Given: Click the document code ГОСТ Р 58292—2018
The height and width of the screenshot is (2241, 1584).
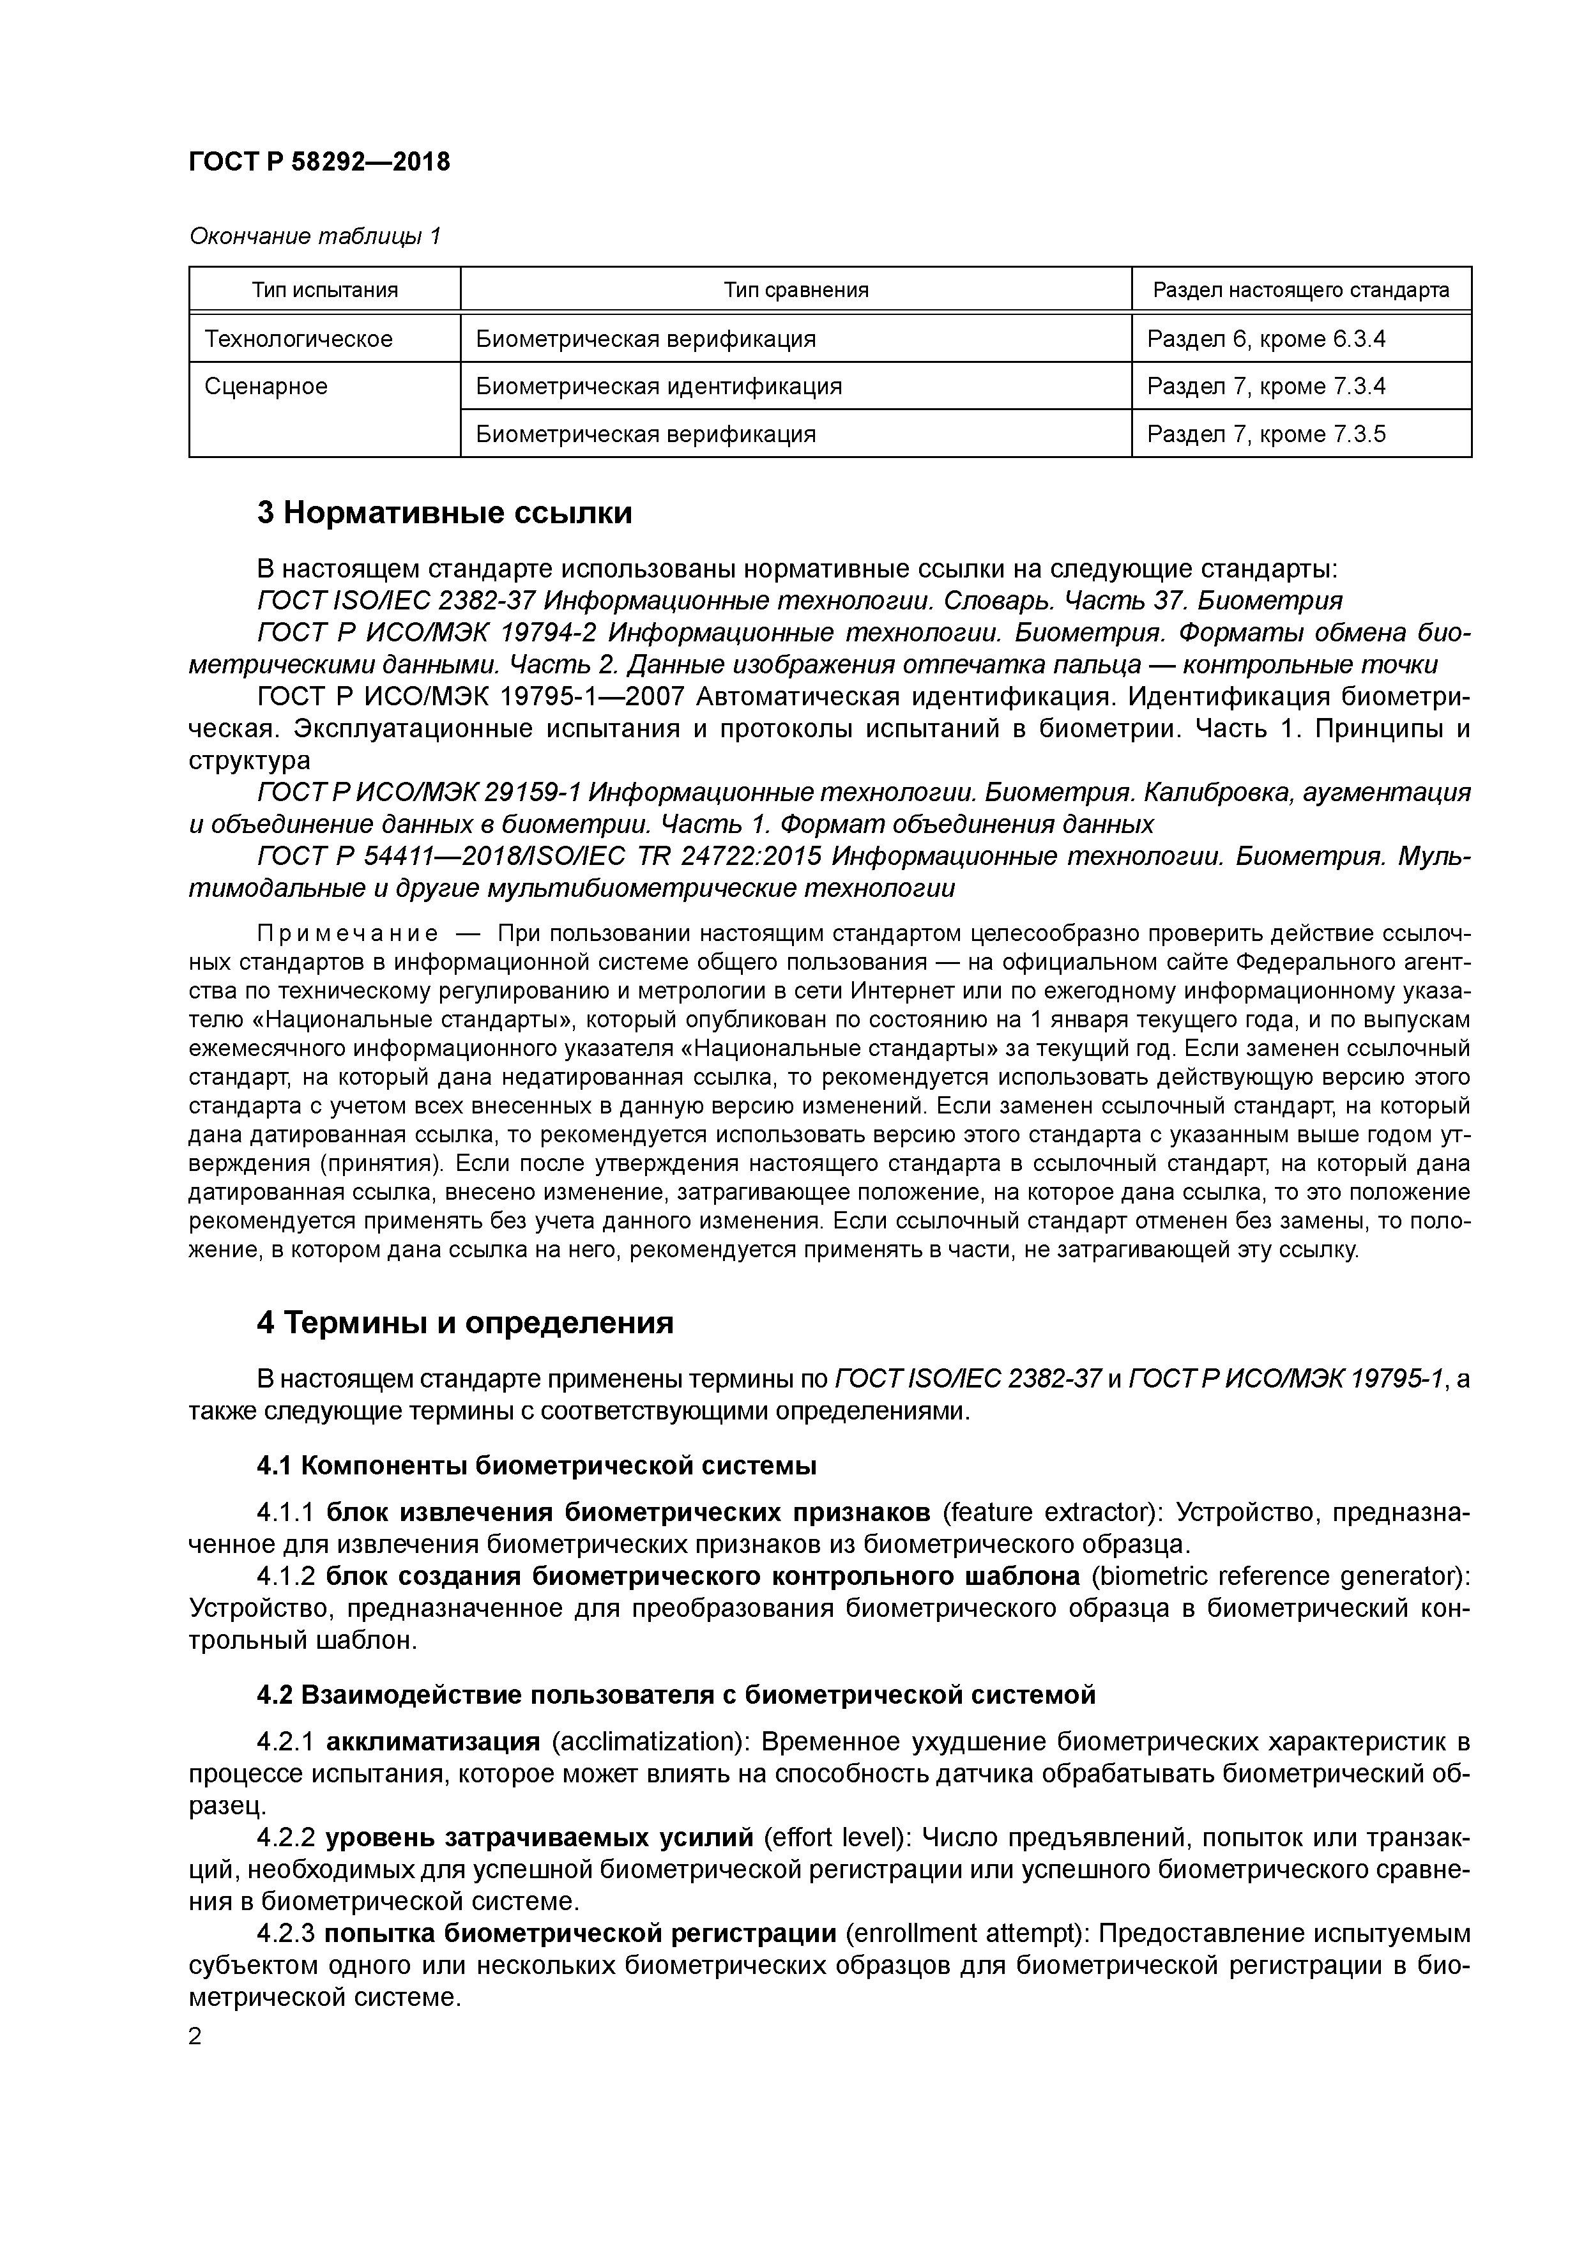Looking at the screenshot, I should [x=319, y=162].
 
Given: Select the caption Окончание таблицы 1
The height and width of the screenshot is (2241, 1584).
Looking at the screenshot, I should [x=314, y=236].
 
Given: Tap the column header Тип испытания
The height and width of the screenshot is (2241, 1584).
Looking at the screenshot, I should [x=325, y=290].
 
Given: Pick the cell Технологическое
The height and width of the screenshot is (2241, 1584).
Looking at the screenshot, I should [x=299, y=339].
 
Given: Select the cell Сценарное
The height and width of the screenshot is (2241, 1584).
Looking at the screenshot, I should [x=266, y=386].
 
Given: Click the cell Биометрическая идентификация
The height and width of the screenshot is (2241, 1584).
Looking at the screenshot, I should [x=658, y=386].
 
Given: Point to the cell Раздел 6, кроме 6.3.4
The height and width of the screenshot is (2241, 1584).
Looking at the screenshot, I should [x=1266, y=339].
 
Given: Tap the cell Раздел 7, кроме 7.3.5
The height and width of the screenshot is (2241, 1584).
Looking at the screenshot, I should [x=1266, y=434].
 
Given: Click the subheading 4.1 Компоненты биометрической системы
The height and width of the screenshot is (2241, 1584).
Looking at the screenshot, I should [x=536, y=1466].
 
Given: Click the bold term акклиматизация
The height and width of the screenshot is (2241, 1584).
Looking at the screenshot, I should [x=432, y=1742].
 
